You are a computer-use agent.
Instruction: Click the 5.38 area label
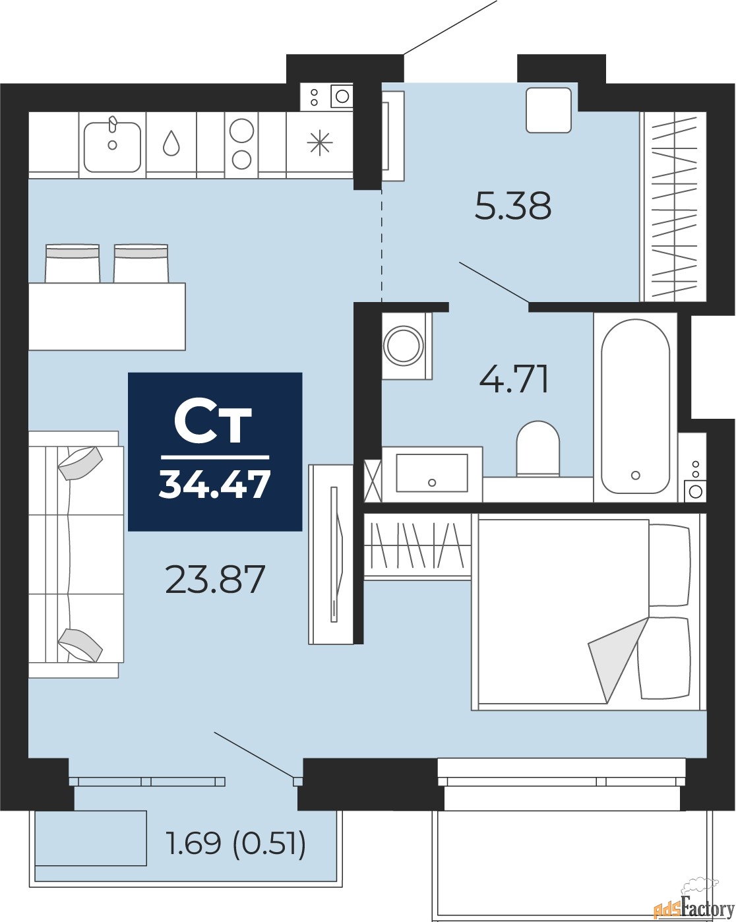513,206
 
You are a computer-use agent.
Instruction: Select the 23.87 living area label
215,579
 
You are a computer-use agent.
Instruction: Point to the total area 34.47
214,484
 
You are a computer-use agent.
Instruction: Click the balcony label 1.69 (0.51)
235,842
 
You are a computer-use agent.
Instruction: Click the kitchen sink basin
112,147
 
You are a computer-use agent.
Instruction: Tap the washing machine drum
404,346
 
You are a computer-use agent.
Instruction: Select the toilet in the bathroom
538,448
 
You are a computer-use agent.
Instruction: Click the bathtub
635,406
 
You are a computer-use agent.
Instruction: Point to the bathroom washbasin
432,473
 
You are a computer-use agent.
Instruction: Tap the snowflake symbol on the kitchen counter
320,143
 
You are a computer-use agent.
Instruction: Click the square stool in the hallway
549,110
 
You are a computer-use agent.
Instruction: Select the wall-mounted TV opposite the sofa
334,555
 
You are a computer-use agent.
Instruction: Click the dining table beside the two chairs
107,316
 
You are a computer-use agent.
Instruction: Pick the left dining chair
73,263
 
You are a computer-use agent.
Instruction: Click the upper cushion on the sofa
80,463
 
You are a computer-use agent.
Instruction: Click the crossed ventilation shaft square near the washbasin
372,481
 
